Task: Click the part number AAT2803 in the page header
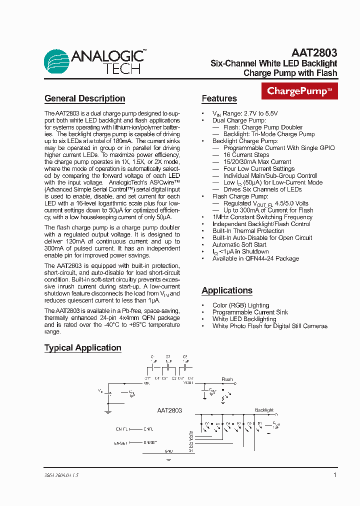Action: click(x=314, y=52)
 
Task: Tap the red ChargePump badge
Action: click(x=299, y=91)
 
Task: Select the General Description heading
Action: click(x=84, y=98)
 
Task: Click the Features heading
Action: click(x=219, y=98)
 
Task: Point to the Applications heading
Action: click(x=227, y=290)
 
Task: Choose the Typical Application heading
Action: click(x=82, y=348)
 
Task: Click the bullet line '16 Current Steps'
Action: click(x=246, y=155)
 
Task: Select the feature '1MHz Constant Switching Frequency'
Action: click(x=262, y=217)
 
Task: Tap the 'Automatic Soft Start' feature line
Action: click(x=239, y=244)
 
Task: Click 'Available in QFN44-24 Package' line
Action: click(x=255, y=258)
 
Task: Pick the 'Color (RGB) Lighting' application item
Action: click(x=240, y=305)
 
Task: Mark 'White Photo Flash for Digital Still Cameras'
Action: click(x=269, y=326)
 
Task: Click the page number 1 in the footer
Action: click(x=334, y=475)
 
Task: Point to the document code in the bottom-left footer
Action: click(x=61, y=476)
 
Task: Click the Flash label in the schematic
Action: click(x=227, y=379)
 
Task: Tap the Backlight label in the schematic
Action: click(x=264, y=410)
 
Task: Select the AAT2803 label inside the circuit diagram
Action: click(x=166, y=410)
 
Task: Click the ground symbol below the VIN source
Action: click(x=108, y=411)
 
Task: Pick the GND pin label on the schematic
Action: click(x=168, y=450)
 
